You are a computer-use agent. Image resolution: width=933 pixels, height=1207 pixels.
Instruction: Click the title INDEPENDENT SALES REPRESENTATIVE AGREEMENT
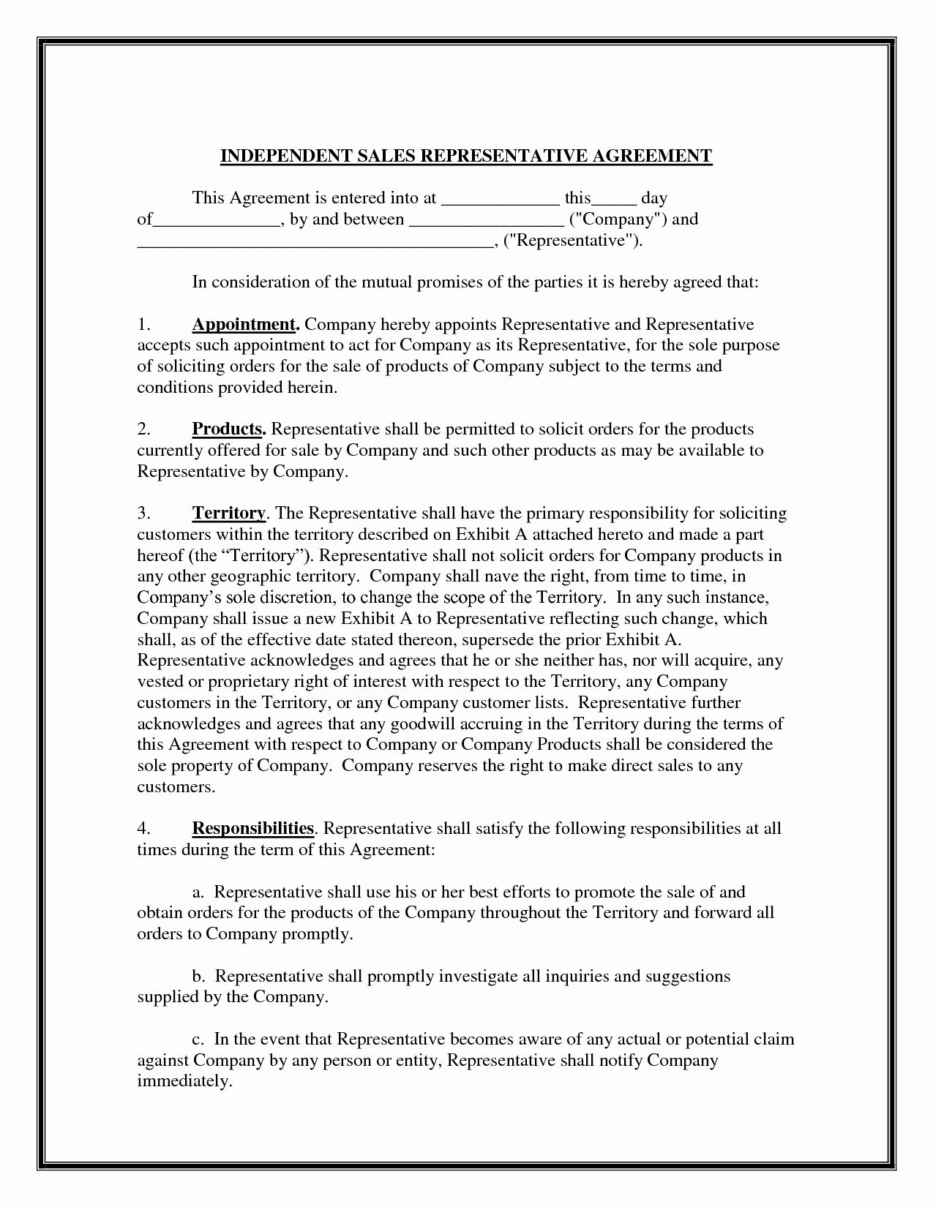pyautogui.click(x=466, y=156)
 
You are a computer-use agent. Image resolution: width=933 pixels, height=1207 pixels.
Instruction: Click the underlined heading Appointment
pyautogui.click(x=244, y=324)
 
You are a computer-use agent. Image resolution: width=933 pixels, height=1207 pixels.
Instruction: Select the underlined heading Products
pyautogui.click(x=227, y=429)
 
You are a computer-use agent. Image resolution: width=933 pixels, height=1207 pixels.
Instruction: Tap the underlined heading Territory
pyautogui.click(x=228, y=514)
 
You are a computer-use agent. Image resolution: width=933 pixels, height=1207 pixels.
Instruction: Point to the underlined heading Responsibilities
pyautogui.click(x=253, y=829)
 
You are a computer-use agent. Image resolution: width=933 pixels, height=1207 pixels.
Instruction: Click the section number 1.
pyautogui.click(x=143, y=324)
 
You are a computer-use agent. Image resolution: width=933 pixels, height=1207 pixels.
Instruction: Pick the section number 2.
pyautogui.click(x=144, y=429)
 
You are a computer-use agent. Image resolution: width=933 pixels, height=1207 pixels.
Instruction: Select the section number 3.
pyautogui.click(x=144, y=514)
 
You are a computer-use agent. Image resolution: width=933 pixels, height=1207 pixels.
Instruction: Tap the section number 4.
pyautogui.click(x=144, y=829)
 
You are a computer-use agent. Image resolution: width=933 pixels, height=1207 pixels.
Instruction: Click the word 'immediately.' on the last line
pyautogui.click(x=184, y=1082)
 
